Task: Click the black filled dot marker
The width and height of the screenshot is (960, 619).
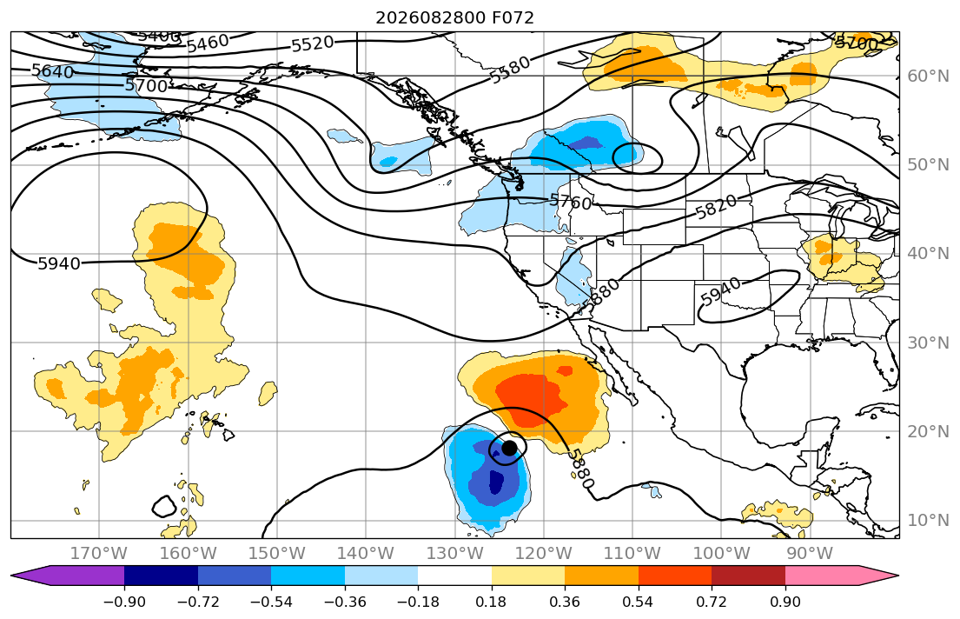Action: (x=509, y=448)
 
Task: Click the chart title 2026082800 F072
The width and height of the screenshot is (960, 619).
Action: (x=455, y=17)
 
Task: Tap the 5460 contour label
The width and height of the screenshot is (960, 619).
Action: (x=208, y=43)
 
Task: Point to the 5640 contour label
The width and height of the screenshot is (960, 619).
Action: (x=53, y=71)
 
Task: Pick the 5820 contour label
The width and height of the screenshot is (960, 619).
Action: (x=717, y=207)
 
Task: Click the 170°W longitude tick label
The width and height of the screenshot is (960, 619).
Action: (x=99, y=554)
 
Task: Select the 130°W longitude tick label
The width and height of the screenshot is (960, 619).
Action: (x=454, y=554)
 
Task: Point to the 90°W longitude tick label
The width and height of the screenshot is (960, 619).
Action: (x=810, y=554)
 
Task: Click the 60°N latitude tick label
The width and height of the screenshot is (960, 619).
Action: (x=928, y=76)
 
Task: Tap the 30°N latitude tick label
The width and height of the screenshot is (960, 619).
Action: (x=928, y=343)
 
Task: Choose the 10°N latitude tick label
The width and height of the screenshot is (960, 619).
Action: (x=928, y=521)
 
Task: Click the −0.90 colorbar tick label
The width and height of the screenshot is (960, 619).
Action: (x=124, y=602)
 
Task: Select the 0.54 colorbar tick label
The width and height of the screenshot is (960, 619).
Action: (x=638, y=602)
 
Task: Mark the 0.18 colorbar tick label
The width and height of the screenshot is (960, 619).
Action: (x=491, y=602)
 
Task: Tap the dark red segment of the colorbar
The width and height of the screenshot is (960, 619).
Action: (x=748, y=576)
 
